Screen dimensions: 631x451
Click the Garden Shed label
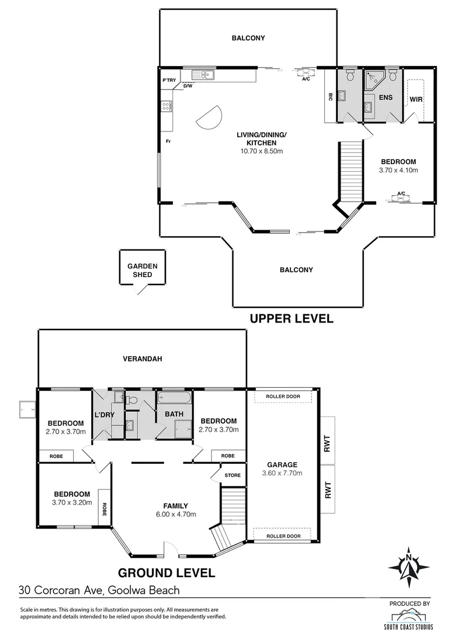143,270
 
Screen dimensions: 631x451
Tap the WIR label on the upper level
415,100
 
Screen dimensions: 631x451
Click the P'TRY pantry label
169,81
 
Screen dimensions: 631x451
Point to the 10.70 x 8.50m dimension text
261,151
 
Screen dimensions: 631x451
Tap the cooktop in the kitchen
166,106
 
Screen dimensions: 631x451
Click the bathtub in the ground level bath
174,400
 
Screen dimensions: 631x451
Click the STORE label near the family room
233,475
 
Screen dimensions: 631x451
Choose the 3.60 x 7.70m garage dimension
283,473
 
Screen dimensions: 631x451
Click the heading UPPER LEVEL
292,319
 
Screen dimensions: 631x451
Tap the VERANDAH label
142,359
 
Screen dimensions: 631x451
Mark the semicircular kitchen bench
210,117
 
